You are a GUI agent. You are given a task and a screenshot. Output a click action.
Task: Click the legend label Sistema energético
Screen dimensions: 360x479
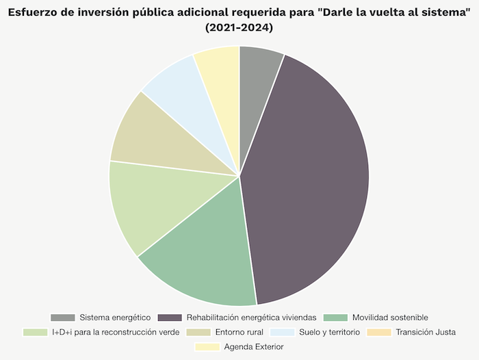coord(114,318)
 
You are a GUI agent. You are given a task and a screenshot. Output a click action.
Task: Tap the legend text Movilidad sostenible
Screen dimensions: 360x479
coord(390,318)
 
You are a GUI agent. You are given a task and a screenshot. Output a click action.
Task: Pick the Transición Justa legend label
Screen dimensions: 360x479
coord(426,332)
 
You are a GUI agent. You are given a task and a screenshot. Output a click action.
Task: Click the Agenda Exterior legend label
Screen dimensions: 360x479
coord(254,347)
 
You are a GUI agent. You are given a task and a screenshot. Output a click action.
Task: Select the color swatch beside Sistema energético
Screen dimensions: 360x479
coord(63,318)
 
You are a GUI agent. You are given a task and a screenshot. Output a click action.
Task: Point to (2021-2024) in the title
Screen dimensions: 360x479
coord(239,28)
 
